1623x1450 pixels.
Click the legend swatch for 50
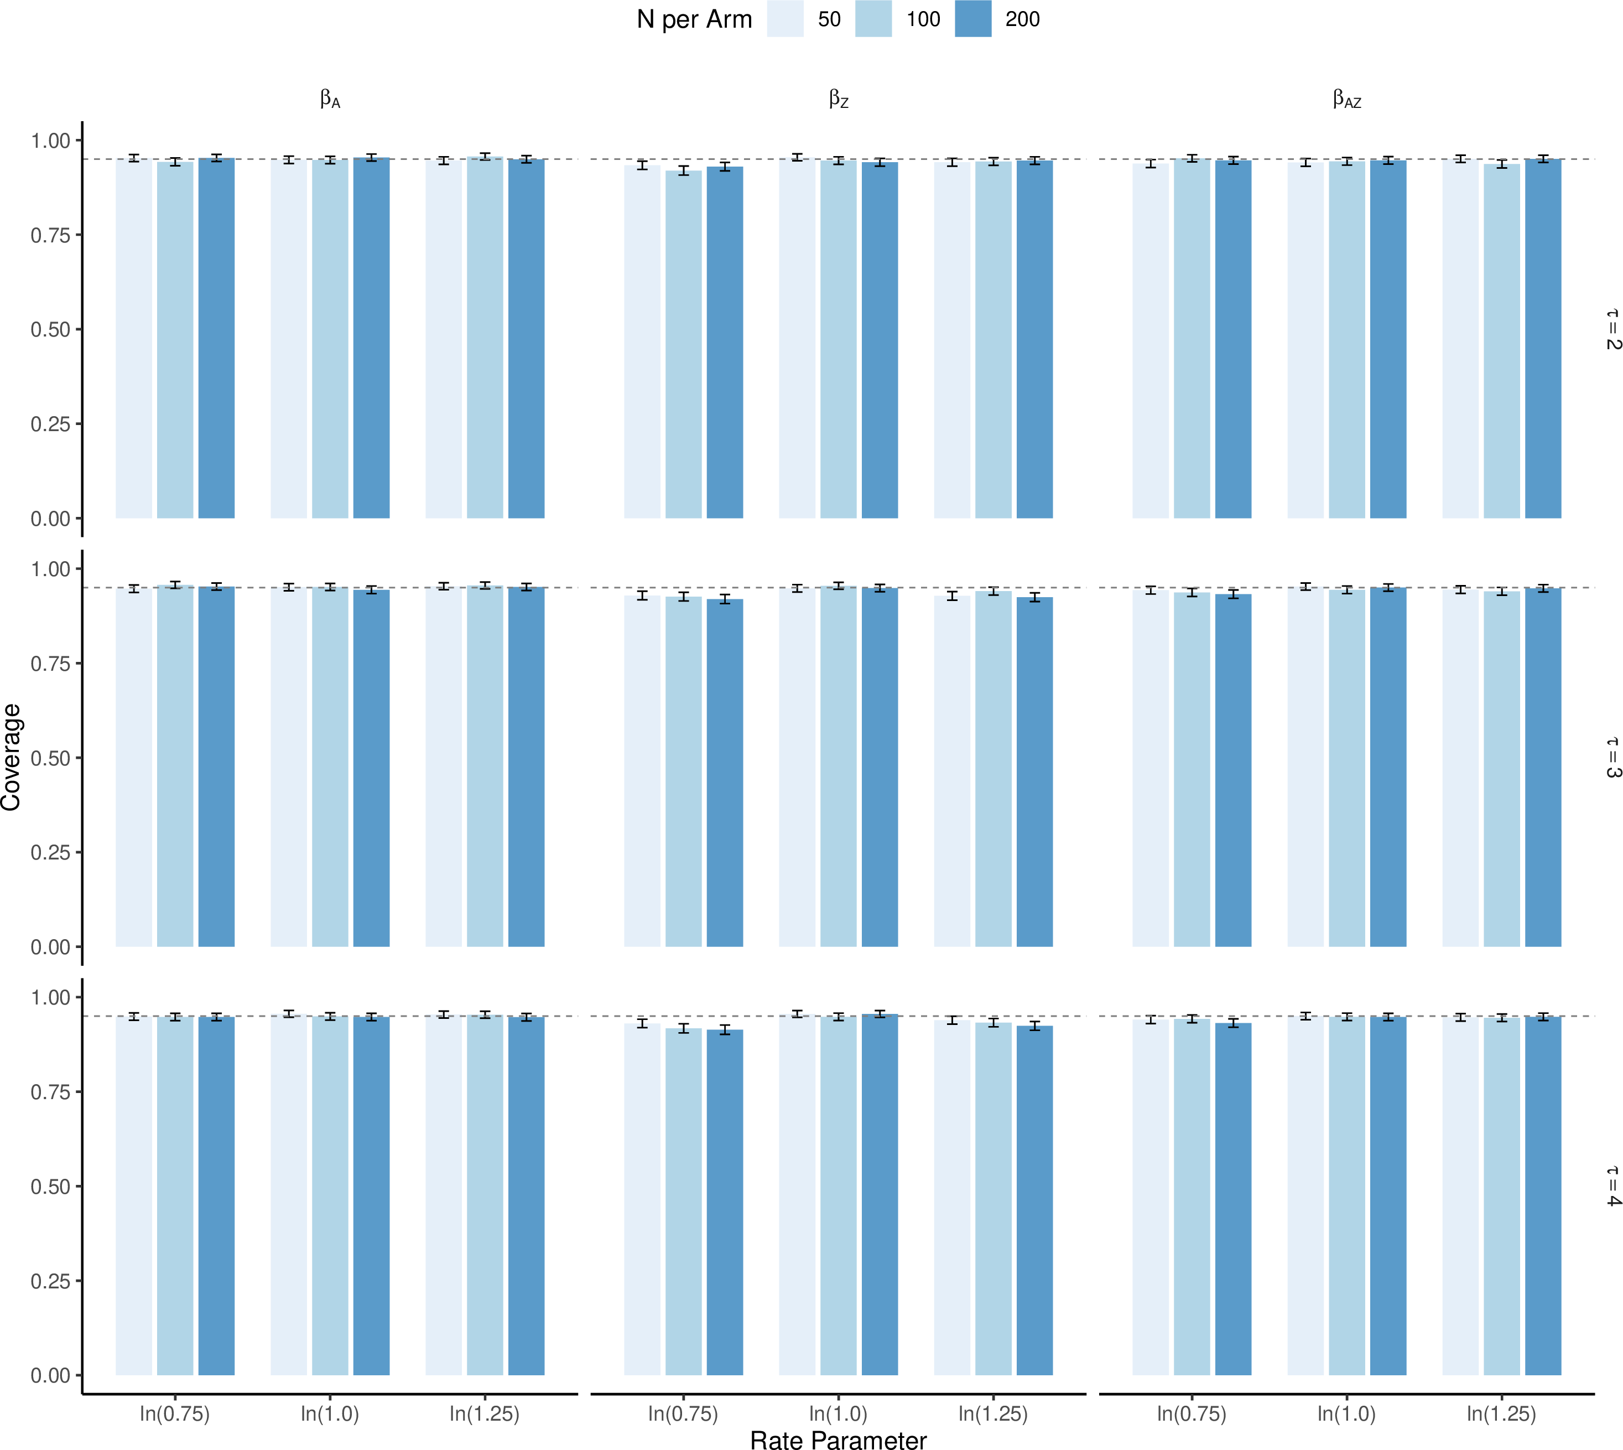pos(785,18)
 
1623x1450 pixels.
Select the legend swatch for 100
pos(873,18)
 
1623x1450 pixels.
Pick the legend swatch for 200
pos(973,18)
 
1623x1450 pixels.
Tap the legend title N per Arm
pos(694,19)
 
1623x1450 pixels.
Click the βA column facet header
pos(330,100)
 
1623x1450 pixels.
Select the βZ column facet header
pos(839,100)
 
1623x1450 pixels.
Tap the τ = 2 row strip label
pos(1612,329)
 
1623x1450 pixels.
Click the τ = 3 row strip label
pos(1612,758)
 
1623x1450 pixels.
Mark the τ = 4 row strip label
pos(1612,1187)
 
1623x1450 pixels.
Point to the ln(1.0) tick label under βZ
pos(839,1413)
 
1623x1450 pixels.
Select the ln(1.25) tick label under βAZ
pos(1502,1413)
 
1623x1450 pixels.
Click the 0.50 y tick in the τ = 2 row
pos(51,330)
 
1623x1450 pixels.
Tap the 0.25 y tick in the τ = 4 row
pos(51,1281)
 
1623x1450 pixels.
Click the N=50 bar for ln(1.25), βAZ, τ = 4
pos(1460,1196)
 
